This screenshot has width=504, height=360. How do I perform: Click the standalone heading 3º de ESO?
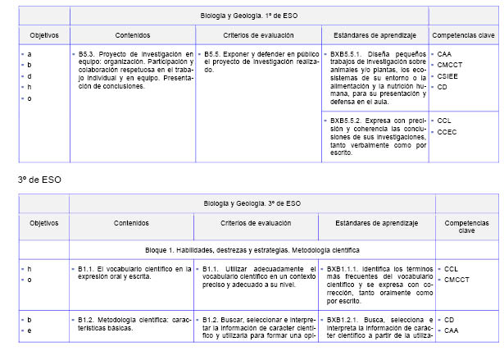pos(39,179)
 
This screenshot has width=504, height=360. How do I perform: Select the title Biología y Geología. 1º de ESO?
pos(249,15)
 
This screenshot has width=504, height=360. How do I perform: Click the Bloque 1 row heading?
pos(252,248)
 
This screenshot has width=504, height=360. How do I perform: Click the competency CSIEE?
pos(448,75)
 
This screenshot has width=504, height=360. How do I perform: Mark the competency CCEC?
pos(447,131)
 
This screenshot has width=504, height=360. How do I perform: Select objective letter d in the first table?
pos(30,75)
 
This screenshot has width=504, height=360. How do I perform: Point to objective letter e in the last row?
pos(30,330)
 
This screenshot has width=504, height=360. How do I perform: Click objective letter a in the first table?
pos(30,53)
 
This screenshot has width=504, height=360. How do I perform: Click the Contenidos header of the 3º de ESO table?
pos(131,223)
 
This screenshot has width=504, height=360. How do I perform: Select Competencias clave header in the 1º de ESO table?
pos(463,36)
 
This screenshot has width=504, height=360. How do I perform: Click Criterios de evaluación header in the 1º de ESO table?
pos(254,36)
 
